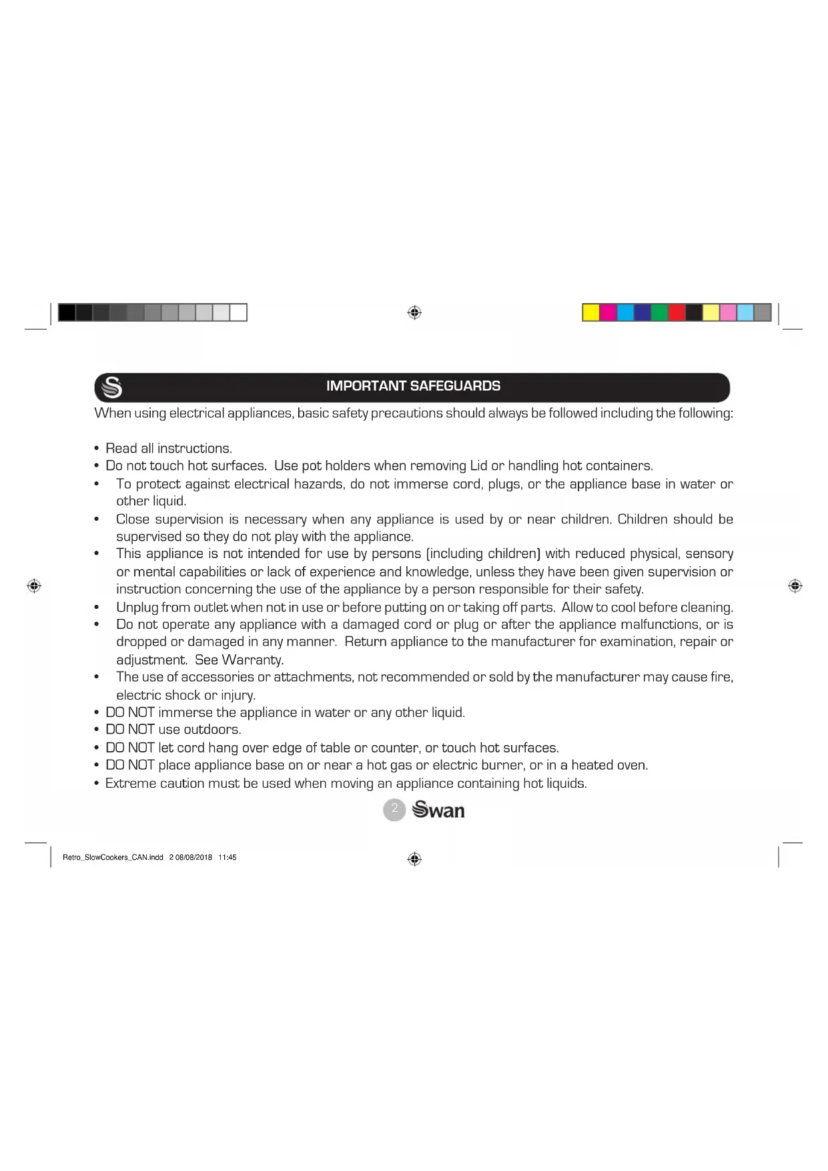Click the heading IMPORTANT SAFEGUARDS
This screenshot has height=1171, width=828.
[x=413, y=386]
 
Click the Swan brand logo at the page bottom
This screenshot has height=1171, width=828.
[x=438, y=810]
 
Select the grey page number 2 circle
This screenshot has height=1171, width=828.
[x=394, y=810]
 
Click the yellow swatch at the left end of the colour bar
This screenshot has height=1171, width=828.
[x=591, y=312]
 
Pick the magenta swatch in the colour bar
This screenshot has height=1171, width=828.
[x=608, y=312]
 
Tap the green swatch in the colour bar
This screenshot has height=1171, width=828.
[x=659, y=312]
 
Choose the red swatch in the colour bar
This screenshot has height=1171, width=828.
[x=677, y=312]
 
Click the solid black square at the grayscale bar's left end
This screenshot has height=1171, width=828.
[x=67, y=312]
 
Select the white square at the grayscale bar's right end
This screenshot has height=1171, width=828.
[x=238, y=312]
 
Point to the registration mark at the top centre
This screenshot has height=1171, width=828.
[x=414, y=312]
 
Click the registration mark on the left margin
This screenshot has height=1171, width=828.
[x=34, y=586]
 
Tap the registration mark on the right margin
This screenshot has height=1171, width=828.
[x=795, y=586]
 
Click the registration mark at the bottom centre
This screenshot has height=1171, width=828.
[x=414, y=859]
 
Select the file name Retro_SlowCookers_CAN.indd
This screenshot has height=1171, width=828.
[x=113, y=858]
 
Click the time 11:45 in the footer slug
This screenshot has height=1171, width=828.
[x=228, y=858]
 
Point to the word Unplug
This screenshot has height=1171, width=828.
[x=137, y=608]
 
